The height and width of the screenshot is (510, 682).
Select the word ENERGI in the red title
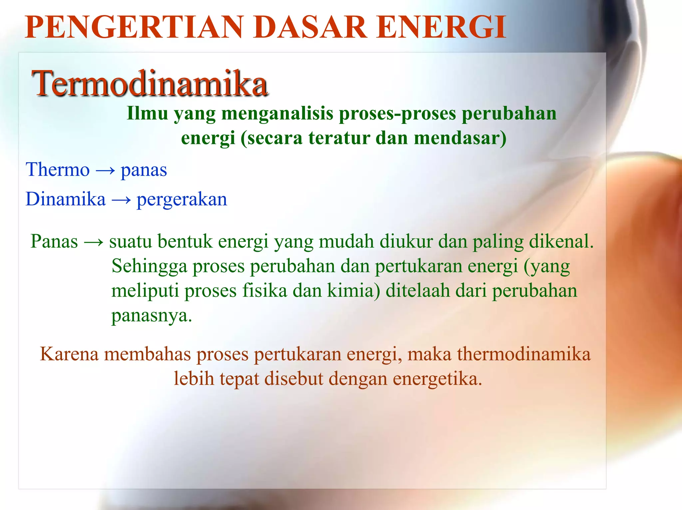click(441, 27)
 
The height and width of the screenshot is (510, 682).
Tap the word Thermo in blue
click(58, 170)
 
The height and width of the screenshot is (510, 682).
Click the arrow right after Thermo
click(105, 171)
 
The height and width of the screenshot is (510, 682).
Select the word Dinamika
click(66, 199)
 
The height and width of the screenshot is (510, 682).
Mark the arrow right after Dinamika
click(121, 200)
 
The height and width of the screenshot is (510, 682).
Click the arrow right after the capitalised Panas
click(94, 242)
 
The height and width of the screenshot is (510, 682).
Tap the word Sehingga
click(149, 266)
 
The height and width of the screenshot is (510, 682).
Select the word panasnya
click(152, 315)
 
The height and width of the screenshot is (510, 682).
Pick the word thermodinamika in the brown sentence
click(524, 354)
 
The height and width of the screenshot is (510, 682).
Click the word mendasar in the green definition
click(460, 138)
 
